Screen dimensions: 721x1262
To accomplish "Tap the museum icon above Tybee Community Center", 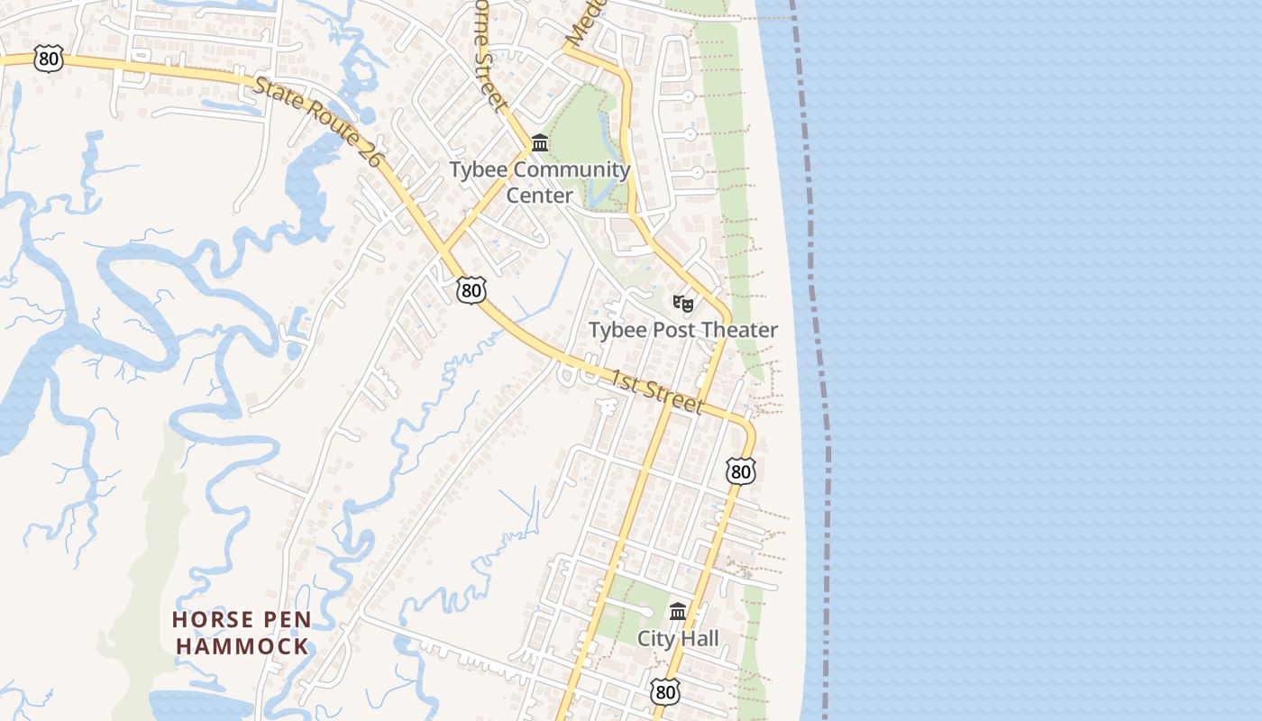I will pyautogui.click(x=540, y=143).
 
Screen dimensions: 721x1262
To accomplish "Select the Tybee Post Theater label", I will pyautogui.click(x=682, y=330).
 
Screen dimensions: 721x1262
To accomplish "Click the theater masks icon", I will pyautogui.click(x=683, y=304).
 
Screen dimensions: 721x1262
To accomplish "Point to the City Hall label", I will pyautogui.click(x=678, y=639).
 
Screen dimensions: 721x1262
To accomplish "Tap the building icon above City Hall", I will pyautogui.click(x=678, y=612).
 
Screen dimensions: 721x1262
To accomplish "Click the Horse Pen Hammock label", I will pyautogui.click(x=242, y=633).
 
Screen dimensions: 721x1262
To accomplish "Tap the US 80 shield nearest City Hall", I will pyautogui.click(x=664, y=692).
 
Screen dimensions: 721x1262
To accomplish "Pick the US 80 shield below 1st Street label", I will pyautogui.click(x=740, y=470).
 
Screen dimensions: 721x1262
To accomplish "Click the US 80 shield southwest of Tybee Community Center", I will pyautogui.click(x=471, y=290).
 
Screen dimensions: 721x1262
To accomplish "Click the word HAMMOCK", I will pyautogui.click(x=242, y=646).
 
